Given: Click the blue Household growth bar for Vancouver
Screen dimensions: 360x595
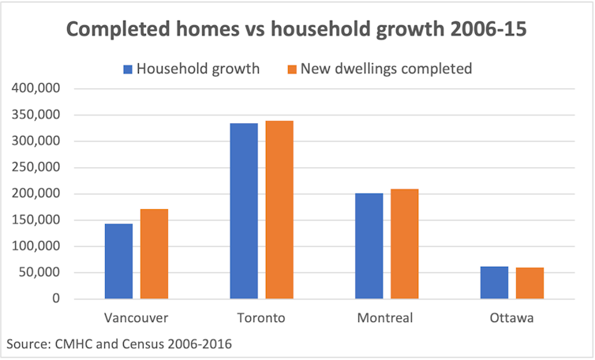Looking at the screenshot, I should pos(118,261).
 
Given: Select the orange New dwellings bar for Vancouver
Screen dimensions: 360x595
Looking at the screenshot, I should pos(154,253).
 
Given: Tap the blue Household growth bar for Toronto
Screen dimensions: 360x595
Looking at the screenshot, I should pos(244,211).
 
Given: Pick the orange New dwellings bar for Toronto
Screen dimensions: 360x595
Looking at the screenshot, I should pos(279,209).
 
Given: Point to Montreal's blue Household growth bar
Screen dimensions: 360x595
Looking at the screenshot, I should pos(369,246).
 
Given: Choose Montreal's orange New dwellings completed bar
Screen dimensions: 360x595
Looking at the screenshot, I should pos(404,243).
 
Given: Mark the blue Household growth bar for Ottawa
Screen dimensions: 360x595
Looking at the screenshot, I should pos(494,283).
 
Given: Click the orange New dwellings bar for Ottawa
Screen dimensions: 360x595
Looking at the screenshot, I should pos(530,283).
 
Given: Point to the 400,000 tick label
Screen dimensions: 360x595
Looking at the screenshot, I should pos(36,88).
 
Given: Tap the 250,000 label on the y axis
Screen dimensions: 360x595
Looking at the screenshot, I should pos(36,167).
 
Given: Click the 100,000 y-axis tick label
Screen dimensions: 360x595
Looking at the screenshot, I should pos(36,246).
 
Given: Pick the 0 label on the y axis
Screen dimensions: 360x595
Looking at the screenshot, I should pos(55,299).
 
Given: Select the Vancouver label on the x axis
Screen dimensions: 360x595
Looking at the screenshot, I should pos(136,319).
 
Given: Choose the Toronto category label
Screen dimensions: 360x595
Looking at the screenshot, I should pos(261,319).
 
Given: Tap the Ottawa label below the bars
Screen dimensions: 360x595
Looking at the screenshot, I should pos(511,319).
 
